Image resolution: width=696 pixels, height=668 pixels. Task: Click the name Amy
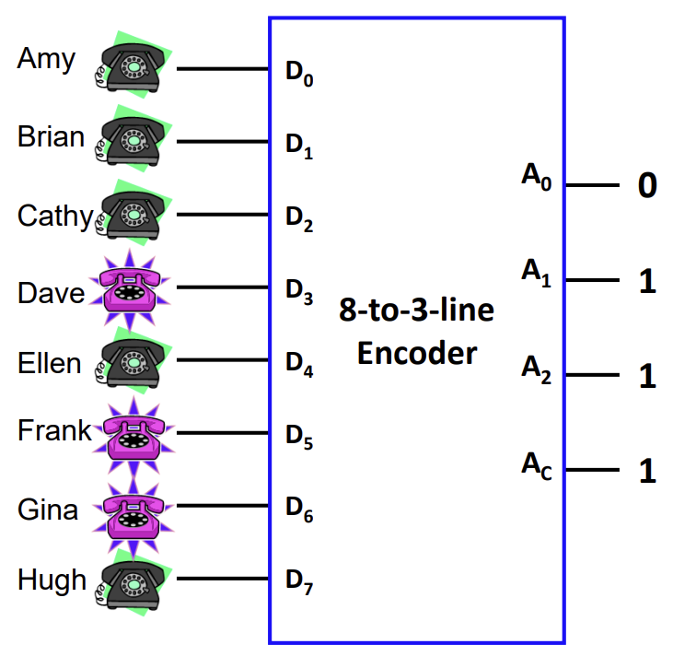coord(46,60)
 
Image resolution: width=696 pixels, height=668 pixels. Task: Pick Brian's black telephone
coord(133,140)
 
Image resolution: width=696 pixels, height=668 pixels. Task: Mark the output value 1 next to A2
coord(647,376)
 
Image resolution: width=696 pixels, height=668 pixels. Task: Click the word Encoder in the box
coord(417,353)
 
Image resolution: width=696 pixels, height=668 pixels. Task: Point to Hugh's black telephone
coord(133,580)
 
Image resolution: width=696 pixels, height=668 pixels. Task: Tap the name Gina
coord(47,510)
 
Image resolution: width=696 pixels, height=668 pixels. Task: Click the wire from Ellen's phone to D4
coord(221,360)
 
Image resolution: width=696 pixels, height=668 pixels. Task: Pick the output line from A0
coord(591,185)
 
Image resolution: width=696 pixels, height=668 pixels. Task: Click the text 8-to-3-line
coord(416,310)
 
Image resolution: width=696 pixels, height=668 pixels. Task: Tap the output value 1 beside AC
coord(647,472)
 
